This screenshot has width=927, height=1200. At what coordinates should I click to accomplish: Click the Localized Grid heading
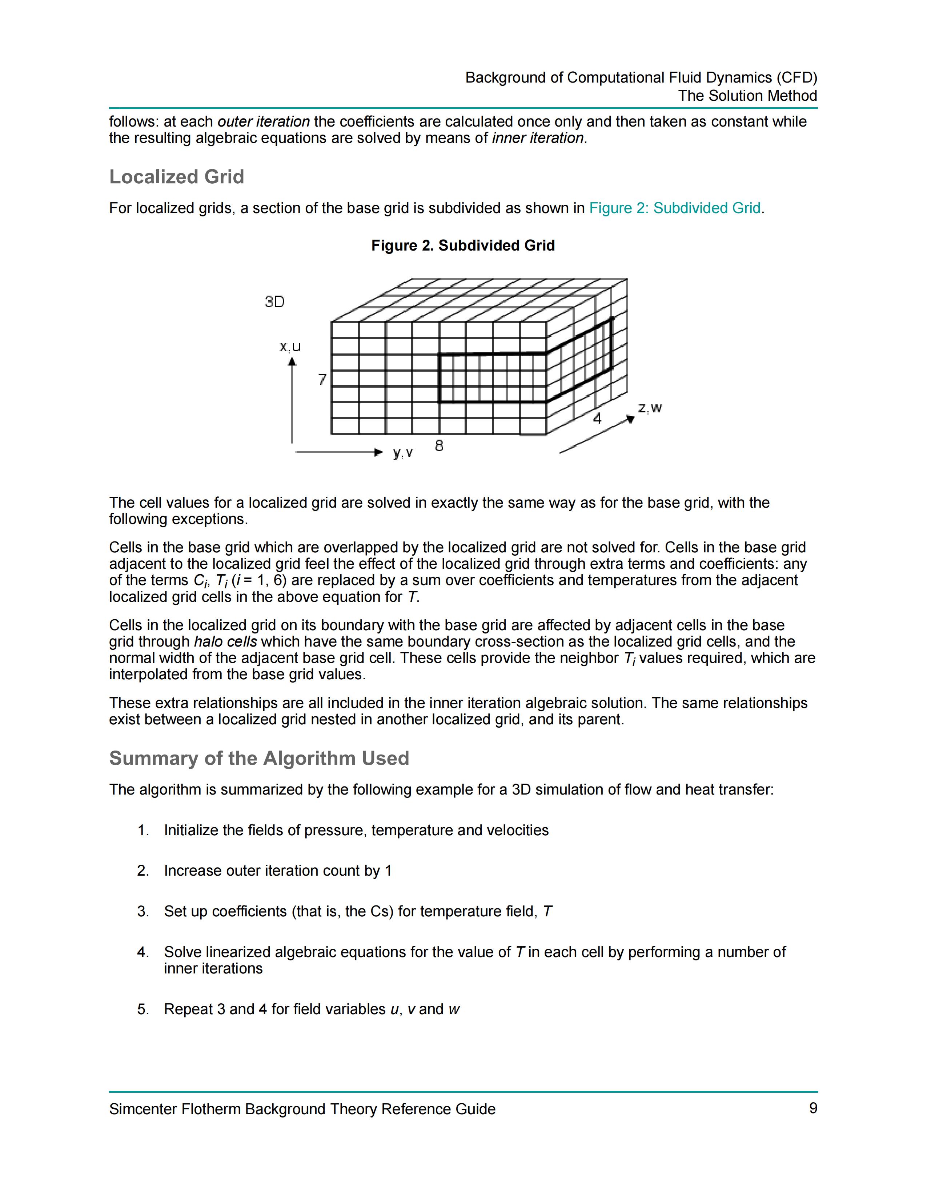[176, 177]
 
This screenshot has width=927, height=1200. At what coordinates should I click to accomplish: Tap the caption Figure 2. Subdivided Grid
[463, 245]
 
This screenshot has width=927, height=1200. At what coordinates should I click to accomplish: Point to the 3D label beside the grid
[274, 302]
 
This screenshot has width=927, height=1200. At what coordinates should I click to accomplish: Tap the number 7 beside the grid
[322, 379]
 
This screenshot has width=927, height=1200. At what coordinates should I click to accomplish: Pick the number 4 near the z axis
[597, 419]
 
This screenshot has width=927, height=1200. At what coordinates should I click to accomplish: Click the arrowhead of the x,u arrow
[292, 361]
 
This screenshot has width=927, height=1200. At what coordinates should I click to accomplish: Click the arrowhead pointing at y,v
[378, 452]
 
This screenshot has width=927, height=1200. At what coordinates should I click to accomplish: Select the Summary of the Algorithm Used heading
[259, 758]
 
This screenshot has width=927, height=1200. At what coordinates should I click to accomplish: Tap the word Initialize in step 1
[191, 830]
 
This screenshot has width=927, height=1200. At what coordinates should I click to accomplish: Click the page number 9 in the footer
[813, 1108]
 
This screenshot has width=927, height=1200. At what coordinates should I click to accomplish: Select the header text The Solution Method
[747, 96]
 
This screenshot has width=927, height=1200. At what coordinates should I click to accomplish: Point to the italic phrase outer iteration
[264, 121]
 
